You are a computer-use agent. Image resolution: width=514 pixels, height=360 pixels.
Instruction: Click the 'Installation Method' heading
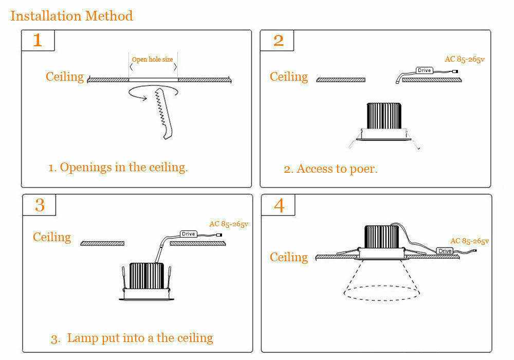point(71,16)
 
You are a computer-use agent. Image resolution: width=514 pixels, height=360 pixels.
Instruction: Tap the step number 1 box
point(38,40)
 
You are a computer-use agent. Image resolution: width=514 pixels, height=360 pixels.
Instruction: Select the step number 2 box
point(278,40)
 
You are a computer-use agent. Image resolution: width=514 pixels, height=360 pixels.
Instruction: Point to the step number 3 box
point(40,205)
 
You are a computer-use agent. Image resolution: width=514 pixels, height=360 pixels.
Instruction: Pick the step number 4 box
point(279,205)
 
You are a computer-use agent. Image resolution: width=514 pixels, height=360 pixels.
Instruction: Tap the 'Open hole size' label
point(153,60)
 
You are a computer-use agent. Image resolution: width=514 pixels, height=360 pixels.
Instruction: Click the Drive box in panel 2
point(424,70)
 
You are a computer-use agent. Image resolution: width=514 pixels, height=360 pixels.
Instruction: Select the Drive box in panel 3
point(189,234)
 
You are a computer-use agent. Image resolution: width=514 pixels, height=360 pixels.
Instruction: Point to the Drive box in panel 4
point(445,251)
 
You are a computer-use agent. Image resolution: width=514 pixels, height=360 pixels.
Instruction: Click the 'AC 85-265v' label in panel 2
point(464,59)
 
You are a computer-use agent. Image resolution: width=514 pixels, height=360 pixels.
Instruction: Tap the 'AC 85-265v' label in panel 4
point(469,241)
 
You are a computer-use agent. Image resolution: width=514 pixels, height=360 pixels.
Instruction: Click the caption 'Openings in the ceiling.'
point(118,167)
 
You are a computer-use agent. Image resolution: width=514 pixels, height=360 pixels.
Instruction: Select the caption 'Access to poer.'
point(331,169)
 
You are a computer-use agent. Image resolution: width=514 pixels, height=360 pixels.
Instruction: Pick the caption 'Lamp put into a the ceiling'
point(132,338)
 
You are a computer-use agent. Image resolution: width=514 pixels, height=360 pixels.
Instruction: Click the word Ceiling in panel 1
point(65,77)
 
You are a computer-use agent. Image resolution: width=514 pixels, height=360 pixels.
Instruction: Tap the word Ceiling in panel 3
point(52,237)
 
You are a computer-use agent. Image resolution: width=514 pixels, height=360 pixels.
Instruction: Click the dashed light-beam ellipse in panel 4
point(379,293)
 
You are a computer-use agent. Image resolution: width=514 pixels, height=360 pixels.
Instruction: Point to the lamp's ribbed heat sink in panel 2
point(383,116)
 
